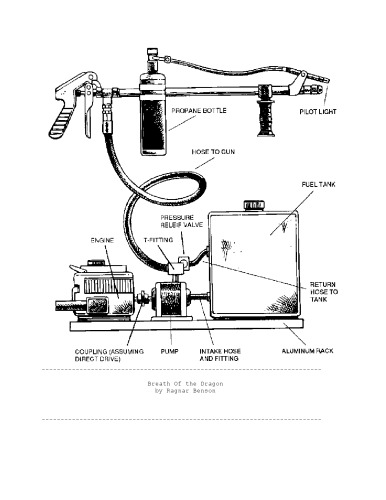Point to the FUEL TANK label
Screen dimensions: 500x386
tap(310, 185)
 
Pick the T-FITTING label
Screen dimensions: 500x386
tap(157, 241)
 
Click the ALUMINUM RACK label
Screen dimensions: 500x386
tap(307, 352)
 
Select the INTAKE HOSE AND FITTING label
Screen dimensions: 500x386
tap(226, 356)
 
